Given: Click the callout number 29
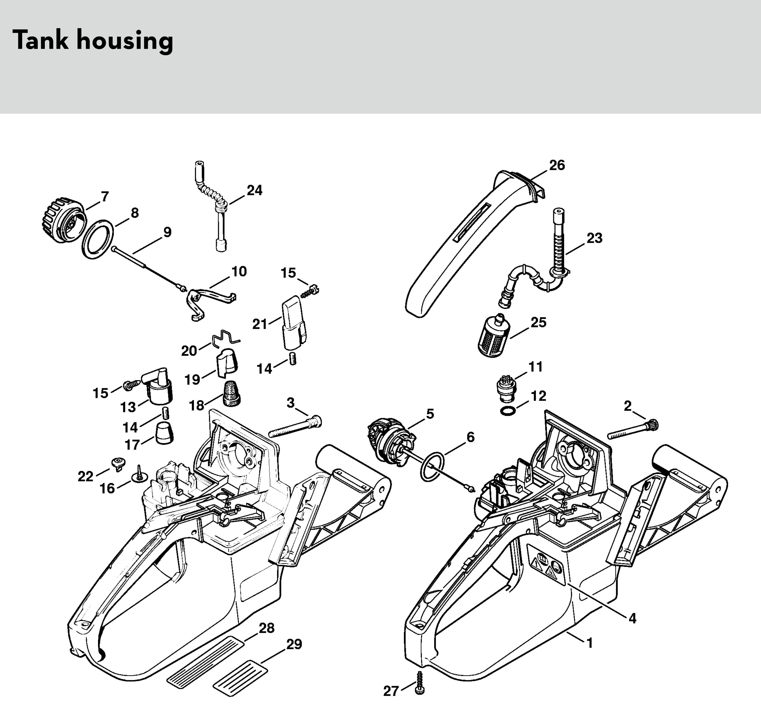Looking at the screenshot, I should pos(294,644).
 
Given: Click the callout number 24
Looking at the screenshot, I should pos(254,190).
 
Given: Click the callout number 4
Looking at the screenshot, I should pos(632,618).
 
